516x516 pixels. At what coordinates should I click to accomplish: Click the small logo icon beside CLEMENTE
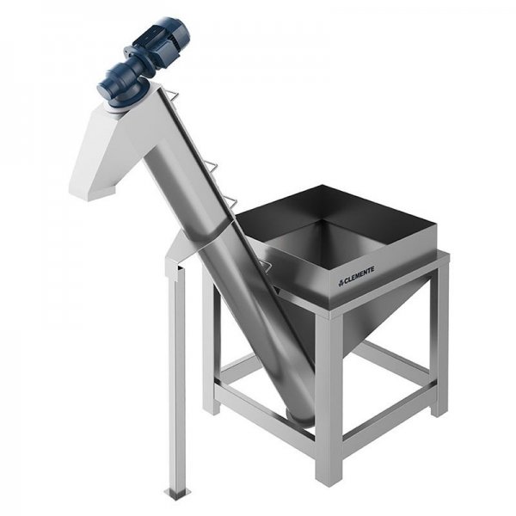[341, 283]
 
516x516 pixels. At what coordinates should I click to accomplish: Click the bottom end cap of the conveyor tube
[300, 418]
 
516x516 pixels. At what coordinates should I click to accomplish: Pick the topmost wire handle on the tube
[172, 95]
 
